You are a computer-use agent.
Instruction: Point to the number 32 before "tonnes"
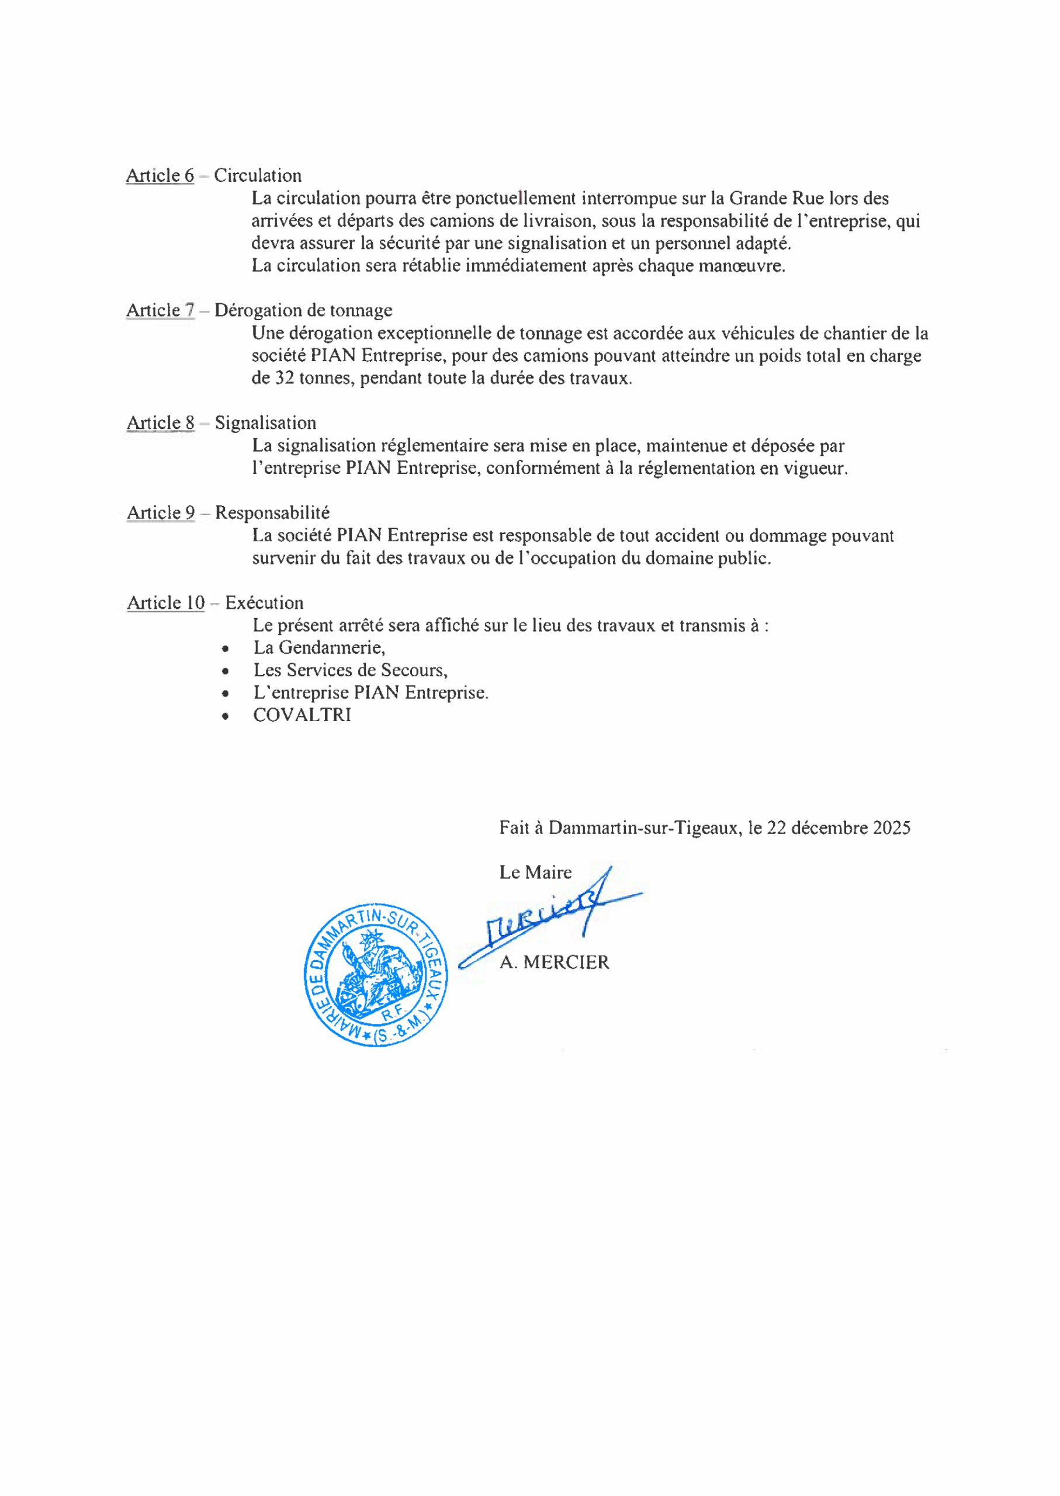(284, 379)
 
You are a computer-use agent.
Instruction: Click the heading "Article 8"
(161, 423)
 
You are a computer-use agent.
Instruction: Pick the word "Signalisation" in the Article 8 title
(266, 423)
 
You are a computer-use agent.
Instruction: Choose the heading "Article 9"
(161, 513)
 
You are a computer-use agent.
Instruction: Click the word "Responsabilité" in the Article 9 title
(272, 513)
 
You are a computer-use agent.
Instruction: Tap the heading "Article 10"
(166, 603)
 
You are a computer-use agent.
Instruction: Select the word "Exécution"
(264, 603)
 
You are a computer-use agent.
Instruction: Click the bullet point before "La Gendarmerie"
(225, 649)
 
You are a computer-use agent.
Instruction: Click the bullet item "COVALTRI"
(302, 715)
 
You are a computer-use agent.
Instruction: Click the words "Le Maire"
(535, 872)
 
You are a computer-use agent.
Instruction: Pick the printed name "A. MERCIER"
(554, 962)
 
